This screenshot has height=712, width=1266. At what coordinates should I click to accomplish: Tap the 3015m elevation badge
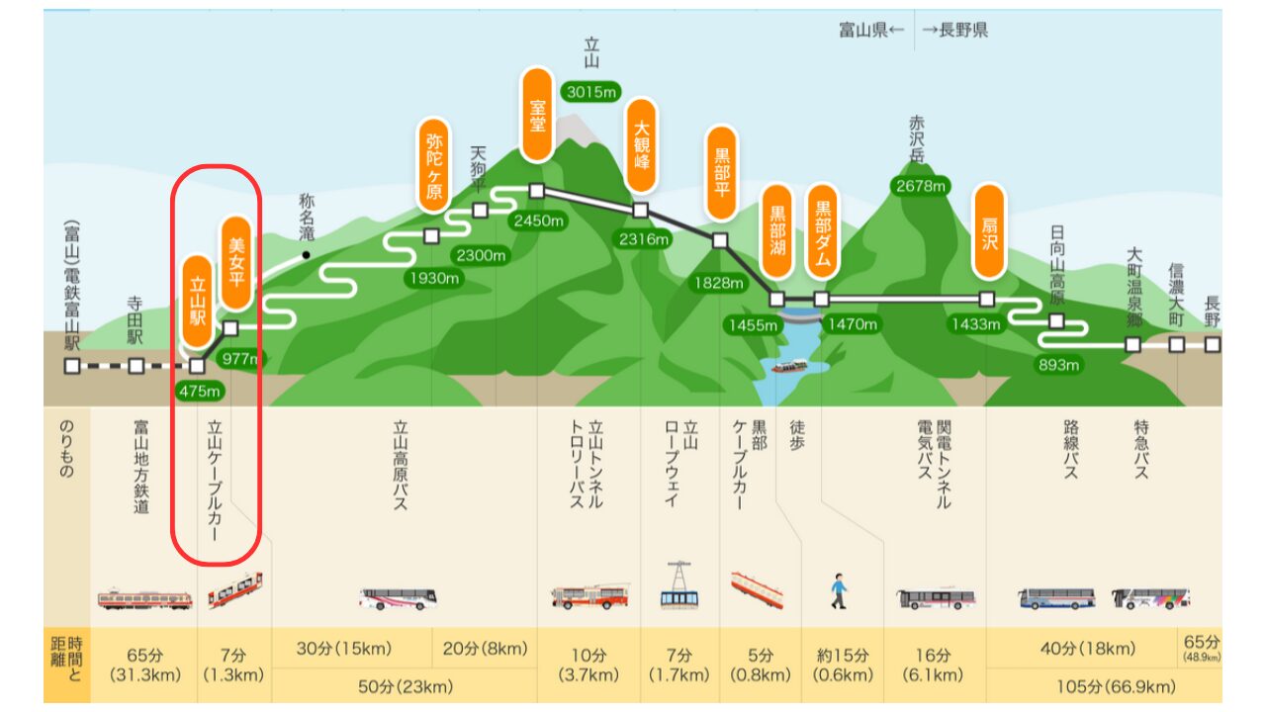(590, 92)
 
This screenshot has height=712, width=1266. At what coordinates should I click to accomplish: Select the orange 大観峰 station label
(641, 144)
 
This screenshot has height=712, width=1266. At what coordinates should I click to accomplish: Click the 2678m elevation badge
(920, 185)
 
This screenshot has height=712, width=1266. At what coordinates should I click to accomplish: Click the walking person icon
(839, 591)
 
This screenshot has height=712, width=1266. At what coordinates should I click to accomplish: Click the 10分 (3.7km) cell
(588, 665)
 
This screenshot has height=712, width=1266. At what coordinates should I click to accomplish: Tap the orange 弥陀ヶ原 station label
(433, 165)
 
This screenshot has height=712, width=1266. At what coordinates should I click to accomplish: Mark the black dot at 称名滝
(307, 255)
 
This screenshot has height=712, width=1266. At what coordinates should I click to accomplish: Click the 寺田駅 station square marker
(136, 366)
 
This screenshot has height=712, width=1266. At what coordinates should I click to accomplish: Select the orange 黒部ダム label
(822, 231)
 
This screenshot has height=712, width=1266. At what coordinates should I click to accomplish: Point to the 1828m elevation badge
(719, 283)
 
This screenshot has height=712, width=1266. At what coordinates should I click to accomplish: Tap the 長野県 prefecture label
(954, 30)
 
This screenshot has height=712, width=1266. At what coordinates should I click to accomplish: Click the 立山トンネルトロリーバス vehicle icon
(589, 596)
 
